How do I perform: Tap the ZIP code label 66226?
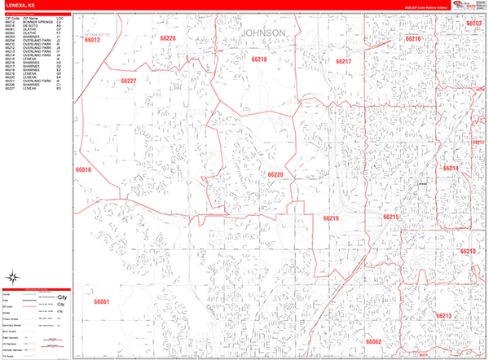point(168,38)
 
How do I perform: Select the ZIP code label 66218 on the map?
point(259,59)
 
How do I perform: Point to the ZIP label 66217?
point(343,62)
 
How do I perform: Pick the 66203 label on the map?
point(474,24)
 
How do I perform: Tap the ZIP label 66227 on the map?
point(129,81)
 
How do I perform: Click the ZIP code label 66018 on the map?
point(83,169)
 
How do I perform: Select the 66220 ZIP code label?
point(275,174)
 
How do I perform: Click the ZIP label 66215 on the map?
point(390,217)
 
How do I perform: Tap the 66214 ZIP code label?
point(451,168)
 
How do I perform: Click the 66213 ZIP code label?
point(443,315)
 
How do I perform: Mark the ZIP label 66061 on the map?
point(101,302)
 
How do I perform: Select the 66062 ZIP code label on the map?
point(373,342)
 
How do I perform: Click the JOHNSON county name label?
point(263,33)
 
